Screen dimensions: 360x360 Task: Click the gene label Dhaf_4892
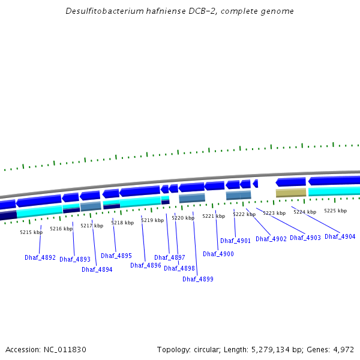pos(40,258)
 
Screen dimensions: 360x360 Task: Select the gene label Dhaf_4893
pos(75,260)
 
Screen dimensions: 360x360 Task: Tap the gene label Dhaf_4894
pos(97,270)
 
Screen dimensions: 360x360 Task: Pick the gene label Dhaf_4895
pos(116,256)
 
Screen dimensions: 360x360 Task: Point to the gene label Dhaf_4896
pos(146,265)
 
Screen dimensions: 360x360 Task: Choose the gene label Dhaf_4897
pos(170,258)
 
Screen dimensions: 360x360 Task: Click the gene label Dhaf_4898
pos(179,269)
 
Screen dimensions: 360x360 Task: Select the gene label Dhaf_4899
pos(198,279)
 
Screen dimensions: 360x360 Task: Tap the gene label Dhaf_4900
pos(218,254)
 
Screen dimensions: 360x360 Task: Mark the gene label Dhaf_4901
pos(235,241)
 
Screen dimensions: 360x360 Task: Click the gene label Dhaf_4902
pos(271,239)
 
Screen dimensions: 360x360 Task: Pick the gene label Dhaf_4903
pos(305,238)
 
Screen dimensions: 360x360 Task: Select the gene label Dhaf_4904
pos(340,236)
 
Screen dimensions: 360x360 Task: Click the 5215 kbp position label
pos(31,232)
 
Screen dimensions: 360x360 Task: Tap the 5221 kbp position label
pos(214,216)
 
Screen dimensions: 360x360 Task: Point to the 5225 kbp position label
pos(335,211)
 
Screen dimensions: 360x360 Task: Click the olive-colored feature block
pos(291,193)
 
